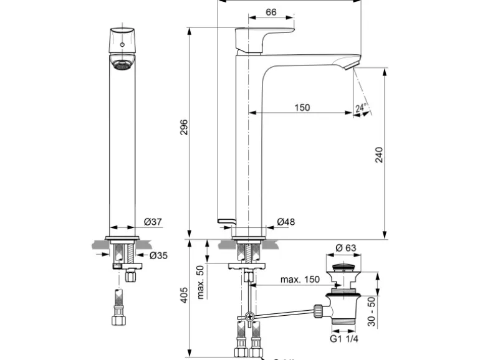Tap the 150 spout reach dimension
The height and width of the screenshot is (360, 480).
[301, 108]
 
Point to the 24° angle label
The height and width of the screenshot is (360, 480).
[360, 108]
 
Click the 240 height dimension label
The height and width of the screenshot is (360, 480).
[379, 154]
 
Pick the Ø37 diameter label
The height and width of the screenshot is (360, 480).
[153, 222]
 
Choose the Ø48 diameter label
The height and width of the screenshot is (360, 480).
[286, 222]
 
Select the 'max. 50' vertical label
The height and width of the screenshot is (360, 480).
[201, 282]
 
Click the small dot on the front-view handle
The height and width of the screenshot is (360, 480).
[122, 45]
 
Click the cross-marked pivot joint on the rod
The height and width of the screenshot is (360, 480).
[249, 316]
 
